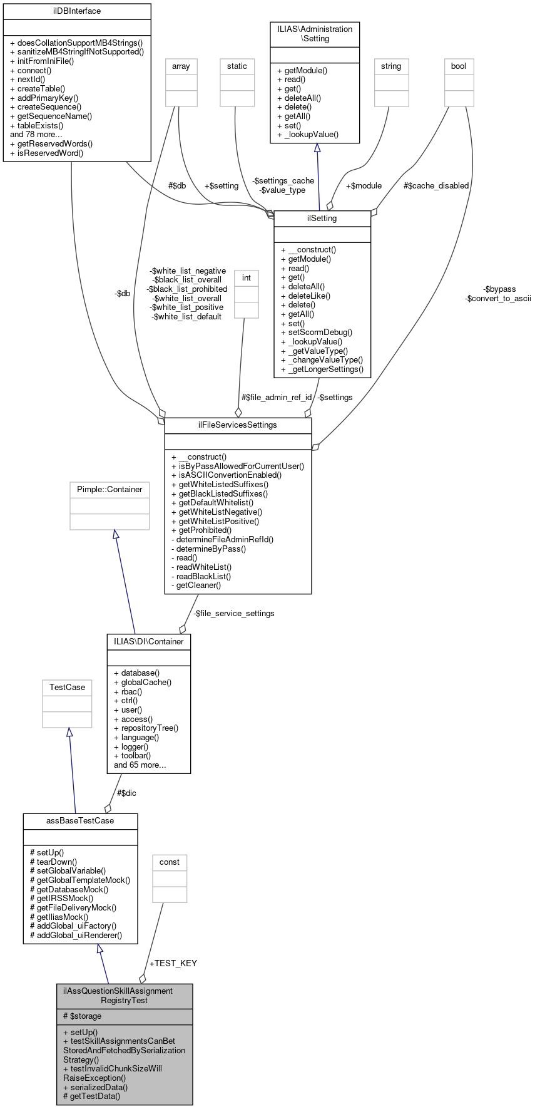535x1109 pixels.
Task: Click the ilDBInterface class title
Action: (x=77, y=11)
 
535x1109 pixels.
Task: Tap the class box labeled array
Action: (x=181, y=66)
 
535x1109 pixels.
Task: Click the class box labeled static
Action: (x=237, y=66)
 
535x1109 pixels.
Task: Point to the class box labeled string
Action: (x=391, y=66)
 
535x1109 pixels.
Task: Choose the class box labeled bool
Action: (x=459, y=66)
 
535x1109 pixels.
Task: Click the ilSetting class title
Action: (x=322, y=219)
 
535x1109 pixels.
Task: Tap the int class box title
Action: (x=247, y=277)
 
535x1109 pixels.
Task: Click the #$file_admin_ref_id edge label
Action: (x=276, y=397)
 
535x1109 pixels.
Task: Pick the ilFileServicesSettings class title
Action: (x=238, y=425)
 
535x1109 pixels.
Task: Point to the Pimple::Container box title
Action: (x=110, y=490)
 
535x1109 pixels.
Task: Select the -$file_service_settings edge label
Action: (x=233, y=613)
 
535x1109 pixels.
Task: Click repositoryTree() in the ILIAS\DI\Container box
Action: (x=146, y=728)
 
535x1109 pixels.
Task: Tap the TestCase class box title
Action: (x=67, y=688)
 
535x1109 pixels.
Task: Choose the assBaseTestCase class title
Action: (x=80, y=821)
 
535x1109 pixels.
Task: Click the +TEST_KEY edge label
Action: (x=173, y=963)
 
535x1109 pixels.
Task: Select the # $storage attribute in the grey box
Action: (x=82, y=1016)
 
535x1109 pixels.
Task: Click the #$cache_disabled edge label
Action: (x=436, y=185)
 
